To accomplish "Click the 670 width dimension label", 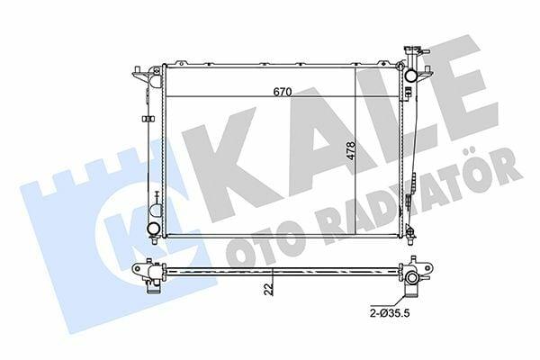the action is point(283,92).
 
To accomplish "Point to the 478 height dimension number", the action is point(351,150).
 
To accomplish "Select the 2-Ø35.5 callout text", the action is point(391,314).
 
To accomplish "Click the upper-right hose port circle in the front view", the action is point(411,76).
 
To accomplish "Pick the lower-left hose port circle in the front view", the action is point(153,228).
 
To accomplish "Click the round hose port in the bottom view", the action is point(412,278).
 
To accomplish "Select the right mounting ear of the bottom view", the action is point(426,267).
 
